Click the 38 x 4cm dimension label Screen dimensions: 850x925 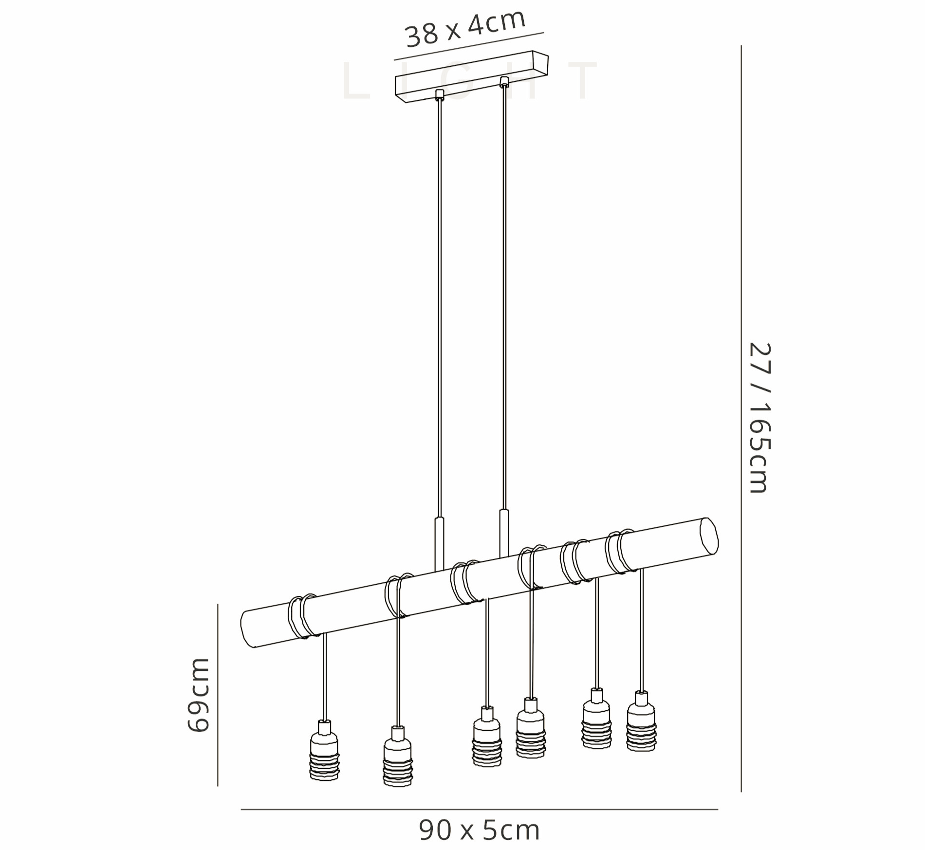465,28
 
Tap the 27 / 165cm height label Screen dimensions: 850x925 759,418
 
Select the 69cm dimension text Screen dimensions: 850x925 198,695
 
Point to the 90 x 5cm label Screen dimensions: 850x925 479,830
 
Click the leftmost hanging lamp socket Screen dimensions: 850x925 324,751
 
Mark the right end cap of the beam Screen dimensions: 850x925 709,536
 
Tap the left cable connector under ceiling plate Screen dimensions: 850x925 440,94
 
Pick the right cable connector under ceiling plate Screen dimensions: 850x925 504,81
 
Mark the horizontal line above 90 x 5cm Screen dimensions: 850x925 479,810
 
